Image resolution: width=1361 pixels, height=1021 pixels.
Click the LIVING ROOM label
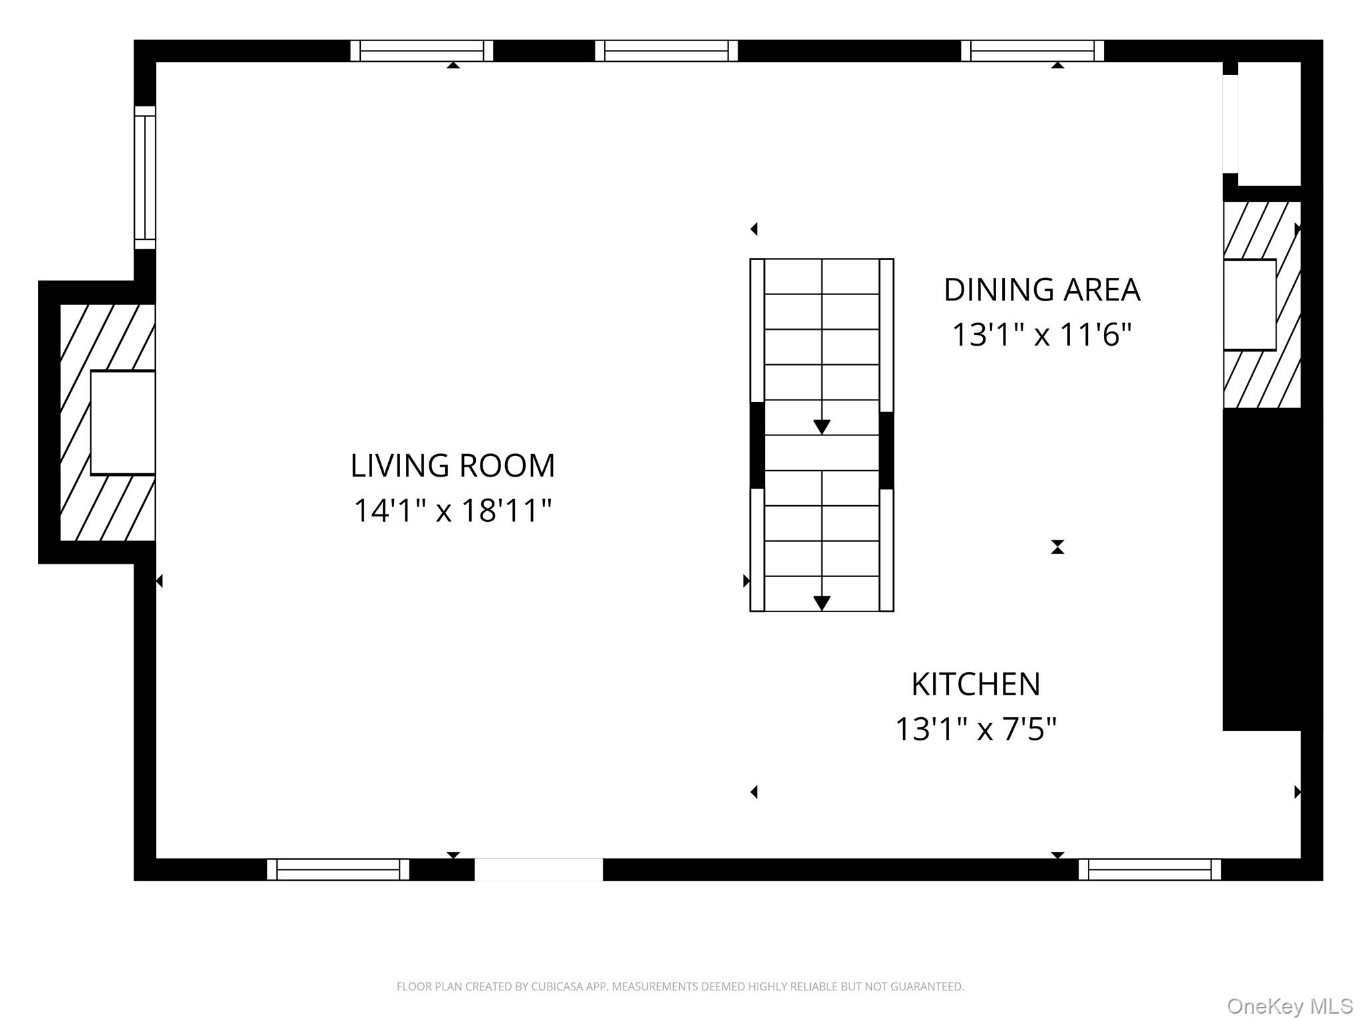[x=453, y=465]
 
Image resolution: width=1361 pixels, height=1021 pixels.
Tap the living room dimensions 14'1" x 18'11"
[x=453, y=510]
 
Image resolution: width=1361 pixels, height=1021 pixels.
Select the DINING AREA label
[x=1041, y=290]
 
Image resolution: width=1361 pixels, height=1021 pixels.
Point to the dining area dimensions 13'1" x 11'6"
[x=1041, y=334]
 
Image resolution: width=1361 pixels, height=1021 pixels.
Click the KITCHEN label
[x=976, y=684]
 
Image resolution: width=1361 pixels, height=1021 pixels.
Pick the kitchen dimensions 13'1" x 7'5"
[x=976, y=729]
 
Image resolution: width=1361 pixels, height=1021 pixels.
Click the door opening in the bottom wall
[x=538, y=869]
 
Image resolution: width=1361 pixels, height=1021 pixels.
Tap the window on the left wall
[x=145, y=177]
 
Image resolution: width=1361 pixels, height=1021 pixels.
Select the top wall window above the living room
[x=421, y=51]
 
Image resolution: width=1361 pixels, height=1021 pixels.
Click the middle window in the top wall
[x=666, y=51]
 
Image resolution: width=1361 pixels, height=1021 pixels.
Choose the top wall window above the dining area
[x=1032, y=51]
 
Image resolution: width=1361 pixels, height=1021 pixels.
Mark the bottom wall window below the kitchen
[x=1149, y=869]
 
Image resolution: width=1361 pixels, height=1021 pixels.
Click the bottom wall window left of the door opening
[x=338, y=869]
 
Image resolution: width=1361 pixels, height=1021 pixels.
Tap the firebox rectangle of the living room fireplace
[x=123, y=423]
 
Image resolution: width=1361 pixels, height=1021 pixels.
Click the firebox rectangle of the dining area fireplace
[x=1249, y=304]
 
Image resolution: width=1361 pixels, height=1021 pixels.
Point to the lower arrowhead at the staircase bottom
[x=822, y=603]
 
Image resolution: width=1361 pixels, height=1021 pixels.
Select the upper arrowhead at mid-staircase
[x=822, y=427]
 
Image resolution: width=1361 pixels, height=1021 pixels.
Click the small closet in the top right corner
[x=1268, y=124]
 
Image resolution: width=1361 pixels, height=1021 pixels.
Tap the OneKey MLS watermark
[x=1289, y=1006]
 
